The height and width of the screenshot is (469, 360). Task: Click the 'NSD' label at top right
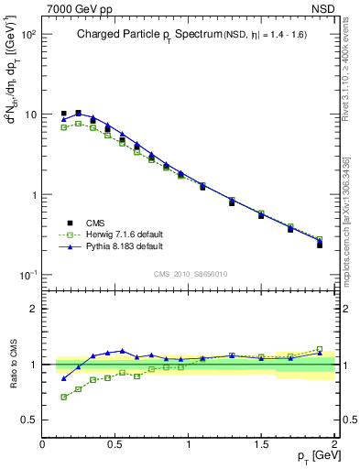[323, 8]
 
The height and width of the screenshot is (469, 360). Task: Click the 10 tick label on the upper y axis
[30, 115]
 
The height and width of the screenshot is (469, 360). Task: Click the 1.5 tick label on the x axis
[261, 444]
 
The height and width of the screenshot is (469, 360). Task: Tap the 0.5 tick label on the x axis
[115, 444]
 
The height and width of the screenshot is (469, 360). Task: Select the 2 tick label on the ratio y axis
[32, 309]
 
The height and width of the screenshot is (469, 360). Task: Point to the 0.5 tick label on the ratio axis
[28, 420]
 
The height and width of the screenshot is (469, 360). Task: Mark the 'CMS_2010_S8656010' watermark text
[189, 273]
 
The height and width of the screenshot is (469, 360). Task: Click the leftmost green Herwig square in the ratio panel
[63, 397]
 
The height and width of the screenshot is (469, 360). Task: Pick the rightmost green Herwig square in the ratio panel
[320, 349]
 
